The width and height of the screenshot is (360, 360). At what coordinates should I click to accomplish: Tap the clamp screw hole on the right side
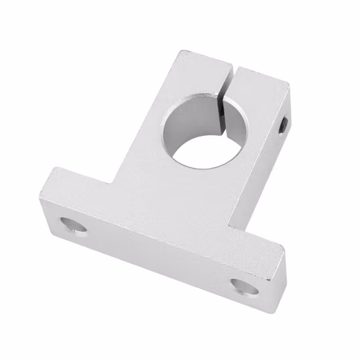tap(283, 123)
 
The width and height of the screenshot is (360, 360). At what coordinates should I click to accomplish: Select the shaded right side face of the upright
tap(262, 170)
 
